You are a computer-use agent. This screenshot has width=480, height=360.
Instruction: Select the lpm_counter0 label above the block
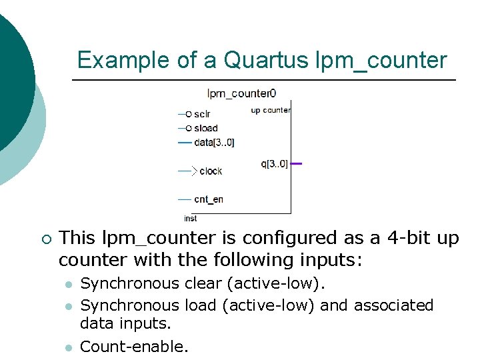coord(241,94)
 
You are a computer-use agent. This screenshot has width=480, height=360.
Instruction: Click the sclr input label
coord(202,114)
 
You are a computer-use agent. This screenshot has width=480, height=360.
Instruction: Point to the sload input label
coord(205,128)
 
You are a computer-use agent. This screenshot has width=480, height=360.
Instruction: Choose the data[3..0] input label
coord(214,142)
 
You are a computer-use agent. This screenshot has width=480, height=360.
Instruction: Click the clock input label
coord(211,171)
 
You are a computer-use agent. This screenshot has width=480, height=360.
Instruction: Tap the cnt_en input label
coord(209,199)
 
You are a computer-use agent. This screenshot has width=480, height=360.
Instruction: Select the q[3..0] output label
coord(275,163)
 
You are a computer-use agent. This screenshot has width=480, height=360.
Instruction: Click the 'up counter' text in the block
coord(270,111)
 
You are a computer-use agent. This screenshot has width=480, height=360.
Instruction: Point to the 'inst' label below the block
coord(191,219)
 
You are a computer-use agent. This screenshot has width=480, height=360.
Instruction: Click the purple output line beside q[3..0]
coord(297,163)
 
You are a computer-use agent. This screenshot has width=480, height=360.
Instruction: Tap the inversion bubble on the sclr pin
coord(189,114)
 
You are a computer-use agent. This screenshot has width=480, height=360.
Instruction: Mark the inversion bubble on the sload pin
coord(189,128)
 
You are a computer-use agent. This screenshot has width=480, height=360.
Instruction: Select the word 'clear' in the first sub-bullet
coord(203,284)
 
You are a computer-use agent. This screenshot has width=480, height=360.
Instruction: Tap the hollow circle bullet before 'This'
coord(45,239)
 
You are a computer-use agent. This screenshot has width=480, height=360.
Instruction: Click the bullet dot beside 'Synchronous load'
coord(67,306)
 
